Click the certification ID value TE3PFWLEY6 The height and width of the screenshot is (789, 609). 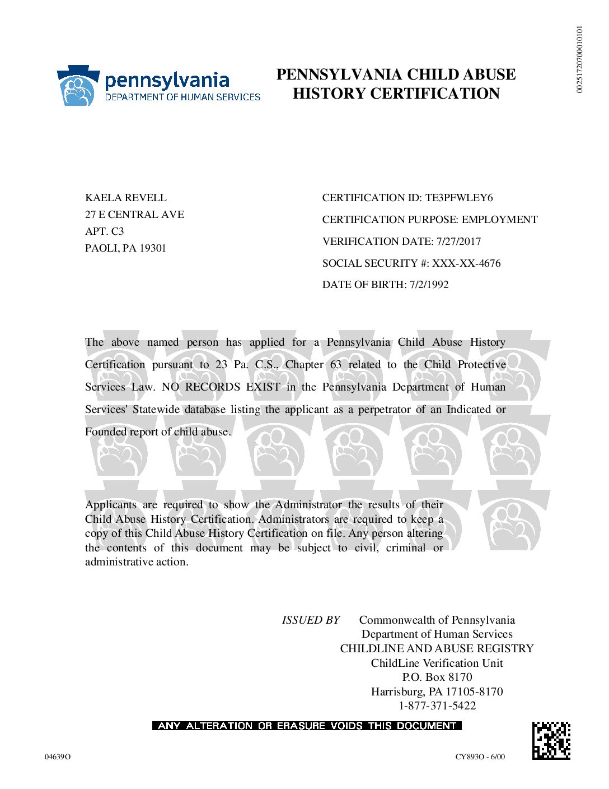click(459, 198)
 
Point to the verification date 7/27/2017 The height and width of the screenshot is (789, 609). click(458, 242)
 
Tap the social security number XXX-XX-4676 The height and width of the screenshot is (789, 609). click(466, 263)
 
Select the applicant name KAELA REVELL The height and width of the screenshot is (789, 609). click(125, 198)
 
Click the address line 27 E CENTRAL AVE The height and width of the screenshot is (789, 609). click(134, 215)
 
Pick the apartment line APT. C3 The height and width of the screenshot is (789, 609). click(105, 231)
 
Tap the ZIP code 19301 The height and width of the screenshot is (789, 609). click(153, 248)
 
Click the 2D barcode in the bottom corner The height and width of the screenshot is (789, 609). click(551, 740)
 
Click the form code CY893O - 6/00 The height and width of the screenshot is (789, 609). click(480, 757)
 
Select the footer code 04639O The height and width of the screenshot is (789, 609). click(58, 757)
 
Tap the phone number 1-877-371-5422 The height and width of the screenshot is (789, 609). click(437, 706)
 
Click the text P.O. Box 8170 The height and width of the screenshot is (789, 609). click(437, 677)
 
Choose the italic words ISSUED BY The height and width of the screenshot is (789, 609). click(311, 620)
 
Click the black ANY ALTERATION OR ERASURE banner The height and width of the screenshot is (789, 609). click(307, 726)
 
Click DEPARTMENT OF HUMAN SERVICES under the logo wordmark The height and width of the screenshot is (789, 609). click(182, 97)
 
